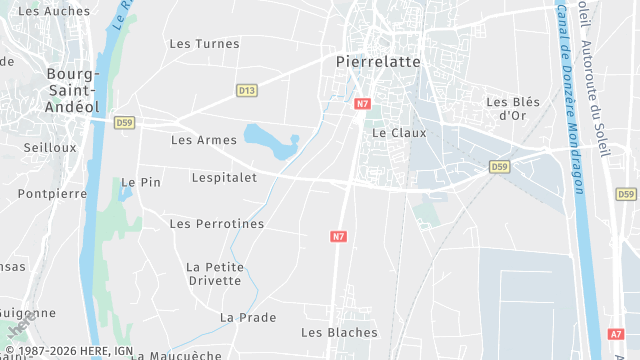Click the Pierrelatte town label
(x=377, y=61)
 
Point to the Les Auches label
(x=54, y=12)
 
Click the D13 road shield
(x=246, y=90)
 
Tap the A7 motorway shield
(x=616, y=335)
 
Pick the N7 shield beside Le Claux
(x=362, y=103)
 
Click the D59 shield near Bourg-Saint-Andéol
(x=124, y=123)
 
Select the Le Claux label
(x=398, y=132)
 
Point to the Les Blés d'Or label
(x=506, y=108)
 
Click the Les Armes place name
(x=204, y=140)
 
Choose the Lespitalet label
(x=224, y=177)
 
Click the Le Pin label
(x=141, y=183)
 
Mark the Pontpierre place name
(x=52, y=193)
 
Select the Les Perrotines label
(x=217, y=224)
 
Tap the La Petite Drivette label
(x=215, y=273)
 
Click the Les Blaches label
(x=339, y=332)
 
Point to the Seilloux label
(x=50, y=147)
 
